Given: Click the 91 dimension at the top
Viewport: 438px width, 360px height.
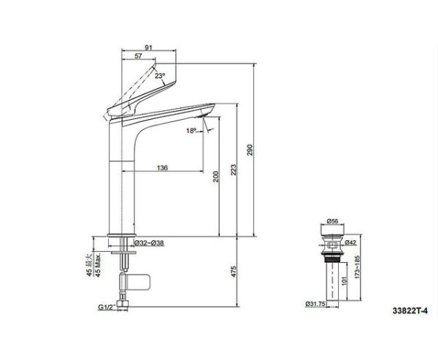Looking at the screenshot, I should click(x=149, y=49).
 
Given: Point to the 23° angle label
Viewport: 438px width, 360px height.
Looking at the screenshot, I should click(x=160, y=75).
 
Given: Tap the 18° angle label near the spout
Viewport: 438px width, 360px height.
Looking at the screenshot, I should click(x=191, y=131).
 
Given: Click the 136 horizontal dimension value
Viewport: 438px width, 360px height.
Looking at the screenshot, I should click(x=163, y=168).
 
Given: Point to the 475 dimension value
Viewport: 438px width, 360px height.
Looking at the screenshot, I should click(x=233, y=272).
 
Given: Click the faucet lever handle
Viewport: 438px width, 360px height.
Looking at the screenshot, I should click(x=131, y=95).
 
